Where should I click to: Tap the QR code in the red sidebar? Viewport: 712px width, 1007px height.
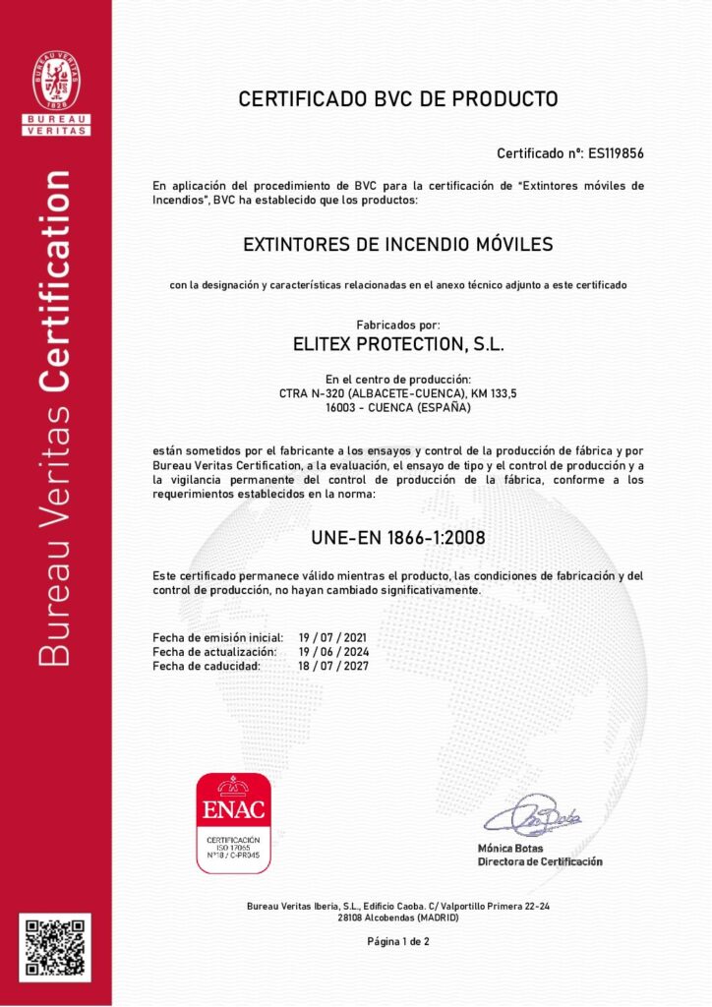[x=55, y=947]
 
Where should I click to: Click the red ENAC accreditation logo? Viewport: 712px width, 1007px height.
[x=234, y=823]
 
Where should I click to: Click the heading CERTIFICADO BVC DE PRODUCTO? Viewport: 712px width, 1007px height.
[x=398, y=99]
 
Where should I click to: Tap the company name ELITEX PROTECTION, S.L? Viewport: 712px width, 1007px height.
[x=398, y=344]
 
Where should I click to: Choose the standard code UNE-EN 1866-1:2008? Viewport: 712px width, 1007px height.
[x=398, y=538]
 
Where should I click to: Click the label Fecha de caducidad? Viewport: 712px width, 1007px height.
[x=207, y=666]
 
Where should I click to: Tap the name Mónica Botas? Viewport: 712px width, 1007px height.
[x=509, y=848]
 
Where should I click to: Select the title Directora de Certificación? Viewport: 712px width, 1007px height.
[x=540, y=861]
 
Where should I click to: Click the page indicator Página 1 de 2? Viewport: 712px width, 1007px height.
[x=398, y=941]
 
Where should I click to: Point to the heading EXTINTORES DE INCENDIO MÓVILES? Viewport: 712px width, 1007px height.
[x=398, y=243]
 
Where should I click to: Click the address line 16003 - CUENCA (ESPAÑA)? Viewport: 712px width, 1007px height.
[x=398, y=407]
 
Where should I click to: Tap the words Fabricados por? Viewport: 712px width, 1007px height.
[x=398, y=325]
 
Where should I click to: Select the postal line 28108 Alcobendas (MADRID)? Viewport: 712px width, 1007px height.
[x=398, y=917]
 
